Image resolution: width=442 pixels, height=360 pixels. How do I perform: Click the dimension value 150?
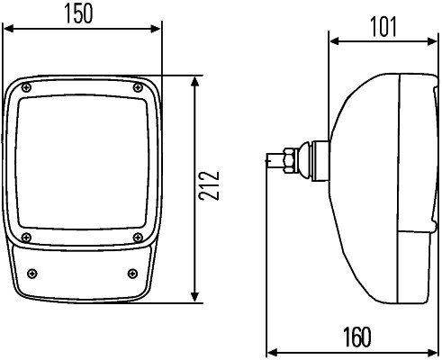pyautogui.click(x=82, y=15)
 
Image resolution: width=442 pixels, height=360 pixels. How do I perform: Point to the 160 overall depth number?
pyautogui.click(x=357, y=337)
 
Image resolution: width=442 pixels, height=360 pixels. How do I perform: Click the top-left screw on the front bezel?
pyautogui.click(x=27, y=87)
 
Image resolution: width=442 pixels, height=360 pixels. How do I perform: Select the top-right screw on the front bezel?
pyautogui.click(x=137, y=86)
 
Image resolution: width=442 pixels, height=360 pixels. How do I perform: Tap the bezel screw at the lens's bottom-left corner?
pyautogui.click(x=27, y=238)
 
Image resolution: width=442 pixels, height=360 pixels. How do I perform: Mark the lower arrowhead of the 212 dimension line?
pyautogui.click(x=195, y=299)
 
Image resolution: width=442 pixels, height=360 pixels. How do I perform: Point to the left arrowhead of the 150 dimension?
pyautogui.click(x=9, y=30)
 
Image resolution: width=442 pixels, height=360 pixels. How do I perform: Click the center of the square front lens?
pyautogui.click(x=82, y=163)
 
